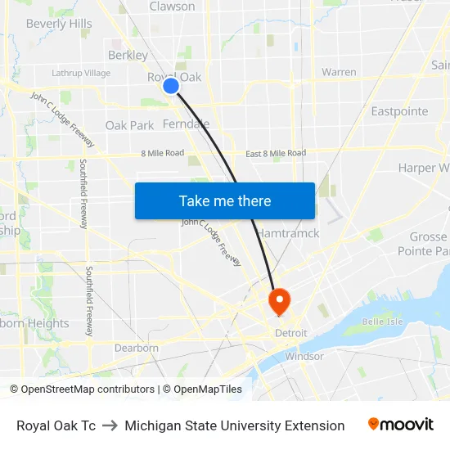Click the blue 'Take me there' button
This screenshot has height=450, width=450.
click(225, 200)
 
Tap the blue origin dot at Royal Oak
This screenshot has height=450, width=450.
click(171, 85)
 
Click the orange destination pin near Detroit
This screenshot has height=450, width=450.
click(279, 300)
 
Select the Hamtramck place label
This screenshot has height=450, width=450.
click(288, 233)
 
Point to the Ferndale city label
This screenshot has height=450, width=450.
click(186, 124)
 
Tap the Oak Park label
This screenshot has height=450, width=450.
click(129, 126)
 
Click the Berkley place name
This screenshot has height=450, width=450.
click(128, 56)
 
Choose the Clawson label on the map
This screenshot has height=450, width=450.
click(172, 7)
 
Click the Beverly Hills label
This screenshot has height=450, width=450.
click(59, 24)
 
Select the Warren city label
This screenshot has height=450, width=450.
click(339, 72)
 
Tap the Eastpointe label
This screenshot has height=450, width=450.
click(399, 111)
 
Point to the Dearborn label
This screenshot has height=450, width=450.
click(137, 348)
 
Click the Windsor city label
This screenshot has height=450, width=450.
click(304, 356)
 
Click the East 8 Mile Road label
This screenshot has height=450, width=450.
click(276, 153)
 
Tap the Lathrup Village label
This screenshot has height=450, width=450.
click(81, 73)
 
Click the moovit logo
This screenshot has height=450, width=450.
click(400, 425)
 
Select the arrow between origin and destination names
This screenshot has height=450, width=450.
click(110, 425)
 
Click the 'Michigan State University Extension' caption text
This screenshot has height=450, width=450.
click(235, 425)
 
